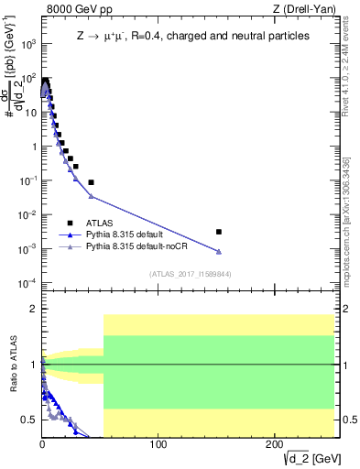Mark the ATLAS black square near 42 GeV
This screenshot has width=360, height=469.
(91, 182)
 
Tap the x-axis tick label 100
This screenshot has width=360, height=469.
(158, 444)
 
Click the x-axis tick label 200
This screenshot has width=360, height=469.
(275, 444)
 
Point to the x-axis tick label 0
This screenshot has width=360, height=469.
(42, 444)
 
